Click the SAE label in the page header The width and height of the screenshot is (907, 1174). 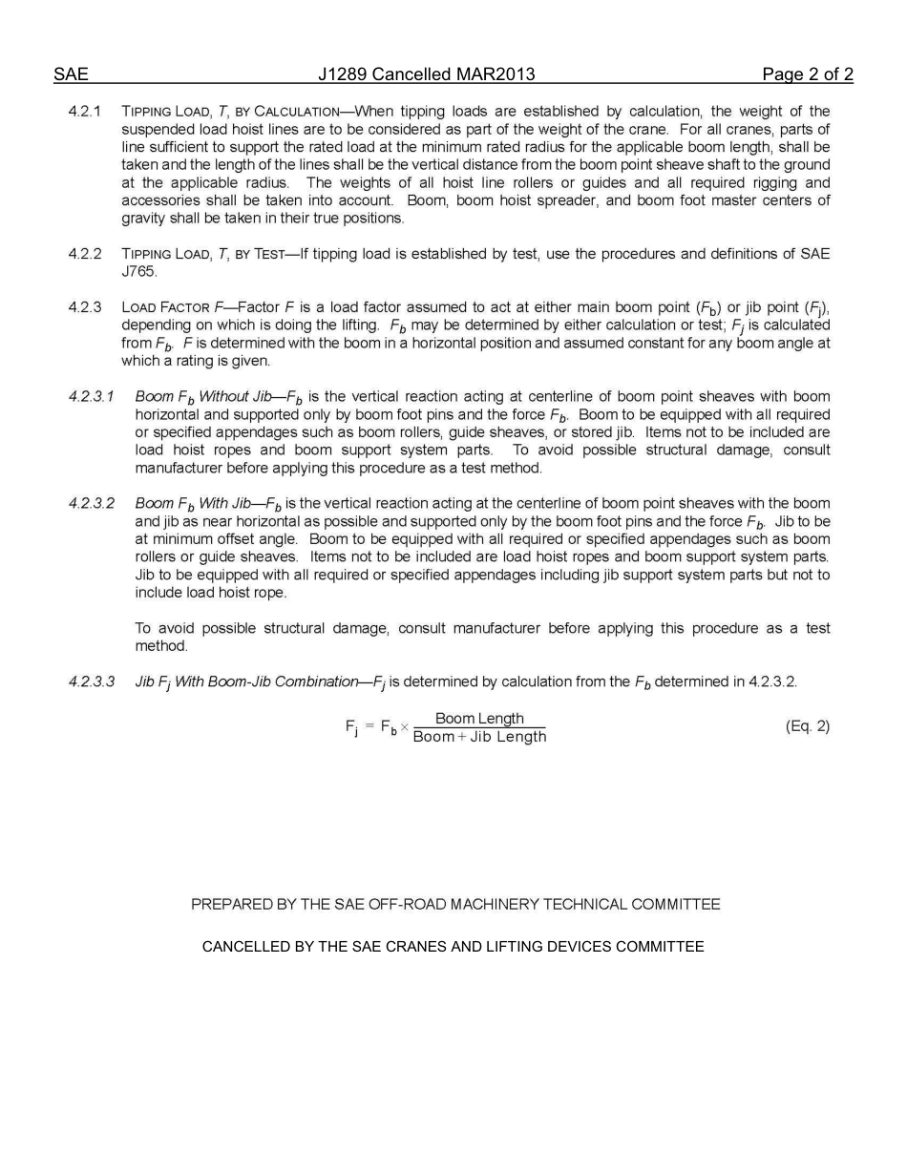pyautogui.click(x=71, y=74)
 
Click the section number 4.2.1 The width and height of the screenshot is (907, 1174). pyautogui.click(x=85, y=112)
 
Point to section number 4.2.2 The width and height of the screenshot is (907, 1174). pyautogui.click(x=85, y=254)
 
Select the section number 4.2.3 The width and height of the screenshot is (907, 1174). pyautogui.click(x=85, y=307)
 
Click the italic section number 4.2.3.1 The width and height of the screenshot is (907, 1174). pyautogui.click(x=92, y=396)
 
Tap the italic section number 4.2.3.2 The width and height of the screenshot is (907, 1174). pyautogui.click(x=92, y=503)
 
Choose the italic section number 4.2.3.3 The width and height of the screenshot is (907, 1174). pyautogui.click(x=92, y=681)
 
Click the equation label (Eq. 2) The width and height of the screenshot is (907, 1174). pyautogui.click(x=807, y=726)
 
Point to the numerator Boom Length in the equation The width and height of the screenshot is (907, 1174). pyautogui.click(x=479, y=719)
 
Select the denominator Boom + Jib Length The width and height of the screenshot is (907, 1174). pyautogui.click(x=479, y=737)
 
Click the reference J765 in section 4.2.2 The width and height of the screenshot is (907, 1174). pyautogui.click(x=138, y=272)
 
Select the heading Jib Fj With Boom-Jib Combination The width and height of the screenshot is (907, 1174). pyautogui.click(x=246, y=681)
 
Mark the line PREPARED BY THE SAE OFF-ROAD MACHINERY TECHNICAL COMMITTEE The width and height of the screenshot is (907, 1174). pyautogui.click(x=455, y=904)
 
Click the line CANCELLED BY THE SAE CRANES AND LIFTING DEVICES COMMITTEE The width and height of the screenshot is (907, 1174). pyautogui.click(x=453, y=947)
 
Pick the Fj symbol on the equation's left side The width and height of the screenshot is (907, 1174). pyautogui.click(x=351, y=727)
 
